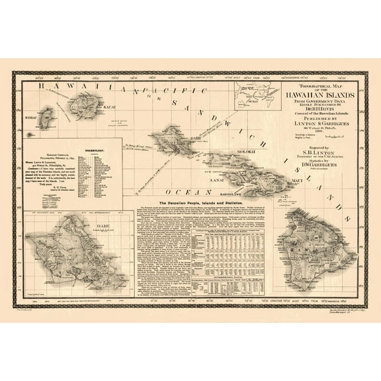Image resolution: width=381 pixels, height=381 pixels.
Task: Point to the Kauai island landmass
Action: [90, 103]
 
